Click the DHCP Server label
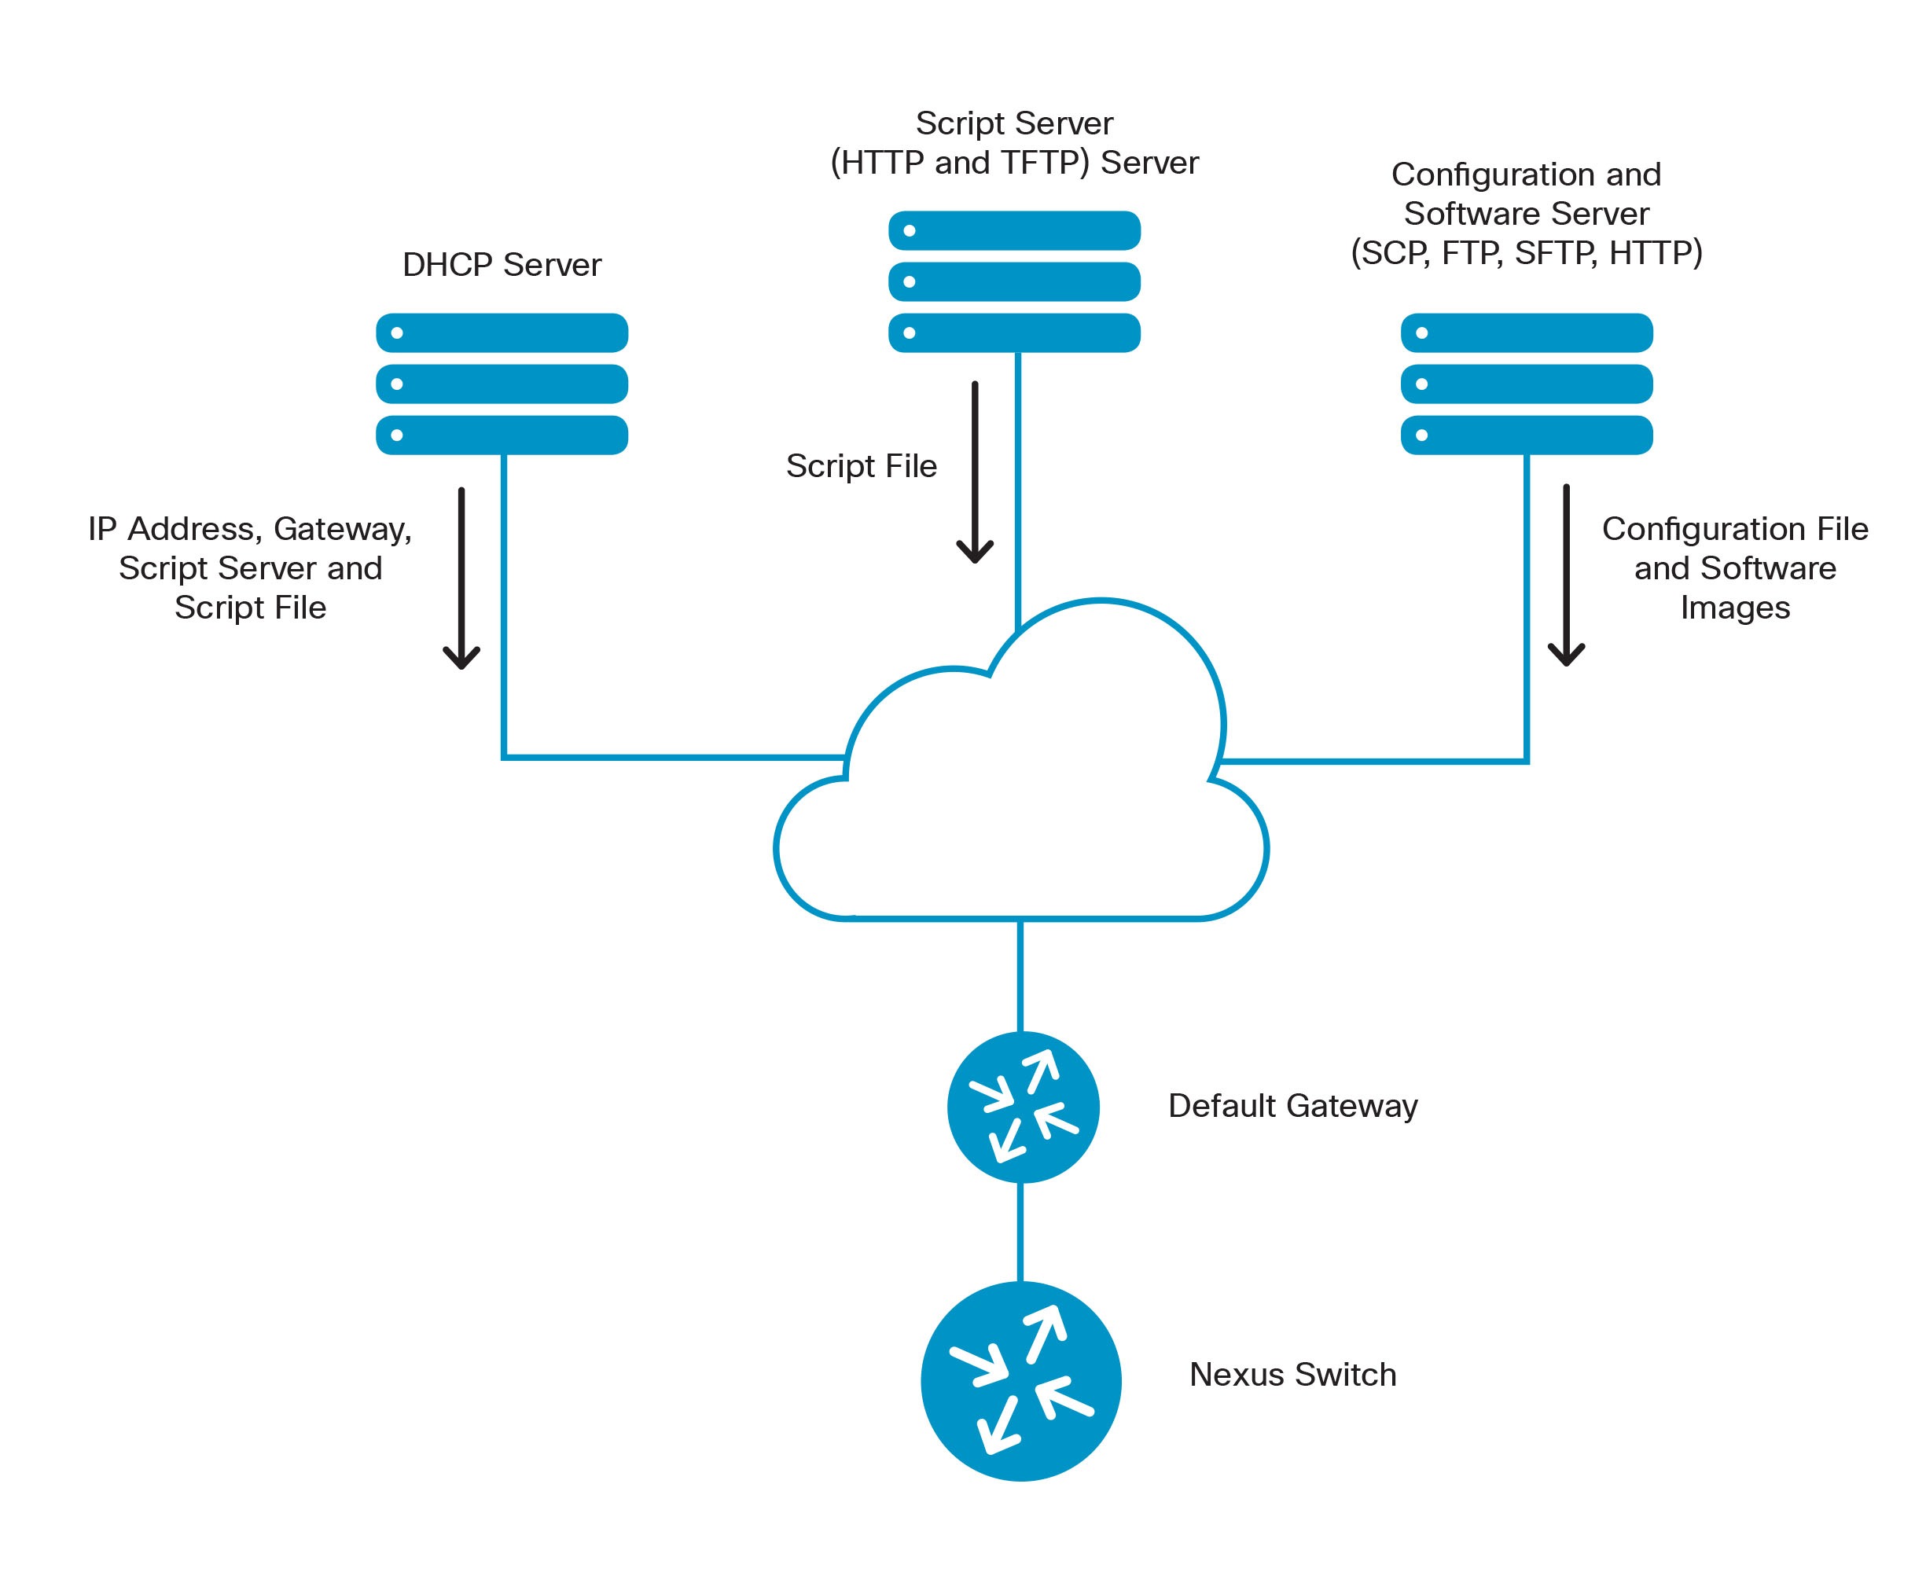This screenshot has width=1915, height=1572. (x=501, y=264)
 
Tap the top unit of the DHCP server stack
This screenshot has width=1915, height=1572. (x=502, y=332)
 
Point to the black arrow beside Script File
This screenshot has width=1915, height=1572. (x=974, y=471)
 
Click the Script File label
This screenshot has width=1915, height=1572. (x=860, y=465)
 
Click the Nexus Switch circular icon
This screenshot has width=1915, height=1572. (x=1020, y=1380)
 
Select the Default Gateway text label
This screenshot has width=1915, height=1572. (x=1292, y=1106)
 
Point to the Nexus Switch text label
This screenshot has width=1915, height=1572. (x=1292, y=1375)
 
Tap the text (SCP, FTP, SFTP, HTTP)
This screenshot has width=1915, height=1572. (x=1526, y=252)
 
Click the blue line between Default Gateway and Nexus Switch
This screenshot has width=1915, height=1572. (x=1020, y=1232)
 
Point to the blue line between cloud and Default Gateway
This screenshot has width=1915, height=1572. (x=1020, y=975)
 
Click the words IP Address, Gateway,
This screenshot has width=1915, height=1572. (x=250, y=529)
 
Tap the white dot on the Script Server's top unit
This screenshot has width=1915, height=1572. (x=909, y=231)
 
